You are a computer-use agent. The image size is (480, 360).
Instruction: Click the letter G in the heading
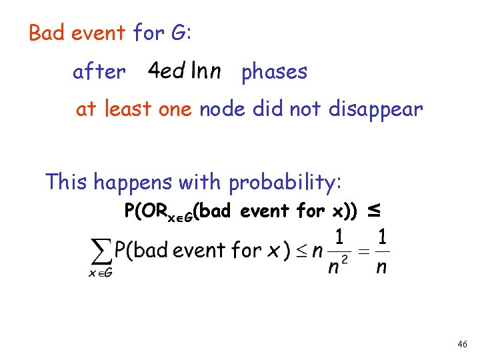pyautogui.click(x=179, y=33)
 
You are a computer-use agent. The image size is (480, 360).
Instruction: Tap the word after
pyautogui.click(x=99, y=71)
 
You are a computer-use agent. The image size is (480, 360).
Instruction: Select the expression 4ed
pyautogui.click(x=167, y=71)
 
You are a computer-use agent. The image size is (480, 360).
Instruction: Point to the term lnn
pyautogui.click(x=206, y=71)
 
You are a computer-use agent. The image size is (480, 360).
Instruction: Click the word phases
pyautogui.click(x=274, y=72)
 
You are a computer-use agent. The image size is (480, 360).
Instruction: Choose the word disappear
pyautogui.click(x=375, y=109)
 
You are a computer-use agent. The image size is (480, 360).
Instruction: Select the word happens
pyautogui.click(x=131, y=182)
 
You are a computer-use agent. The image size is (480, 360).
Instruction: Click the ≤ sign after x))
pyautogui.click(x=374, y=211)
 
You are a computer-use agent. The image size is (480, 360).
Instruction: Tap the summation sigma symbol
pyautogui.click(x=100, y=252)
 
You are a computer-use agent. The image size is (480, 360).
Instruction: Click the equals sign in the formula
pyautogui.click(x=364, y=251)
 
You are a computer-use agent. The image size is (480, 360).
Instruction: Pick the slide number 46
pyautogui.click(x=462, y=345)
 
